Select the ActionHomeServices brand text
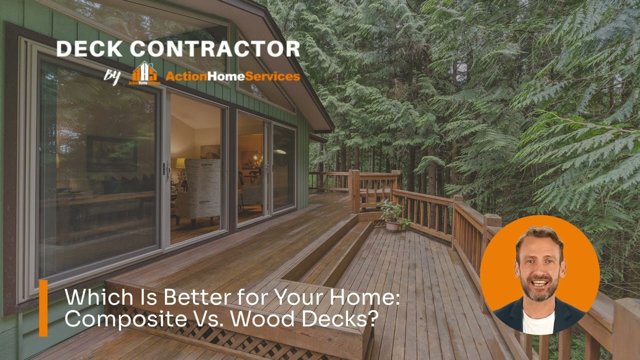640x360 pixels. tap(232, 76)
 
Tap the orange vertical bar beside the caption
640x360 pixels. tap(43, 307)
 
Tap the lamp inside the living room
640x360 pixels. tap(180, 164)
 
